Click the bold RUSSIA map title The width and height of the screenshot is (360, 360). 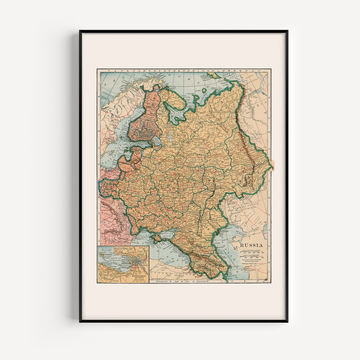pos(252,245)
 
